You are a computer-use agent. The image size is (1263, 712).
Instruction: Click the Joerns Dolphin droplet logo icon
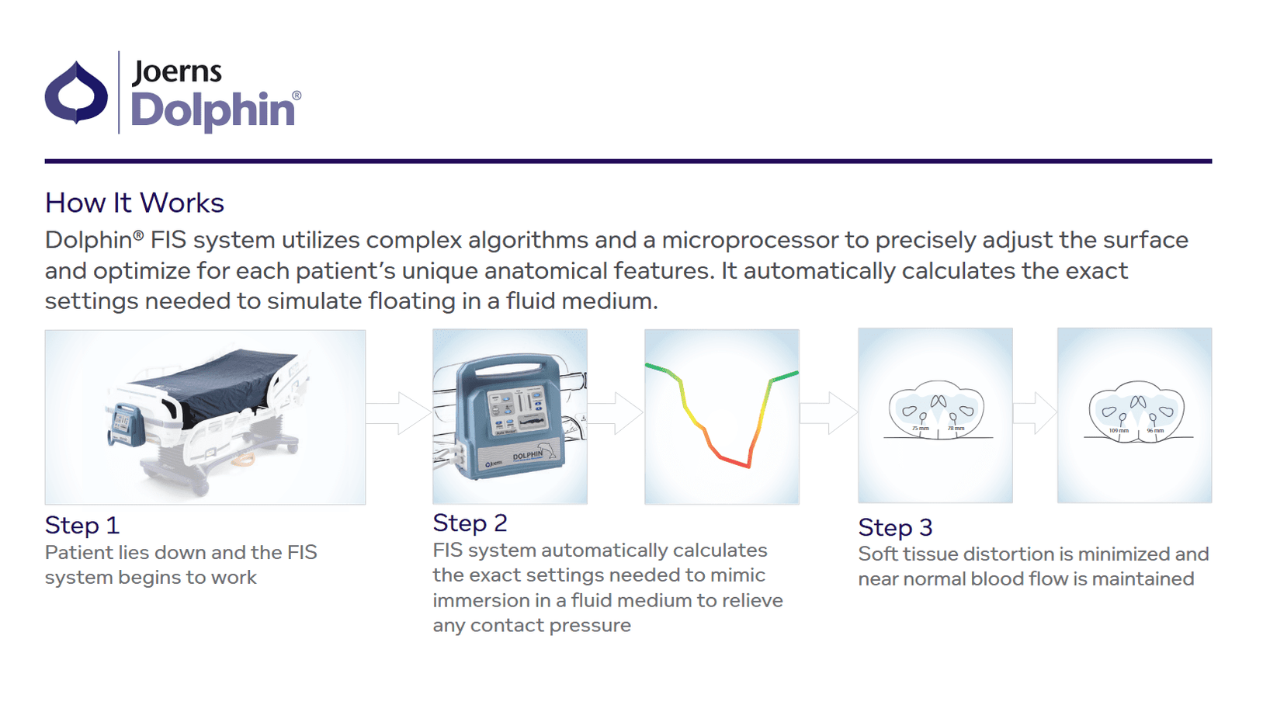(76, 92)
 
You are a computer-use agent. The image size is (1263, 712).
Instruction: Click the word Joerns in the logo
(177, 71)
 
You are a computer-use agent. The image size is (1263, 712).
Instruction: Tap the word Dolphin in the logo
(212, 109)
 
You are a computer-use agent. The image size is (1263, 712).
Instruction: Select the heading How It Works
(134, 203)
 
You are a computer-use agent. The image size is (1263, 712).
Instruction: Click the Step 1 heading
(82, 526)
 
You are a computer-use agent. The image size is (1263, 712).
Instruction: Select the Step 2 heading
(470, 523)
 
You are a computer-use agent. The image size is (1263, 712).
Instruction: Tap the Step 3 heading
(895, 528)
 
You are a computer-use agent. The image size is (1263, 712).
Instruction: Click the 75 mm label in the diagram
(920, 429)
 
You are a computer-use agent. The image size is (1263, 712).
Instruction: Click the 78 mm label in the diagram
(956, 429)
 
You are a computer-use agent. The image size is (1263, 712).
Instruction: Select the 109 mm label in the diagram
(1119, 431)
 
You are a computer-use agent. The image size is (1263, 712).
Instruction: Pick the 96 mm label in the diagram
(1155, 431)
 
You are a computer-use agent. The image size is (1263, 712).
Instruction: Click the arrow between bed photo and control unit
(399, 413)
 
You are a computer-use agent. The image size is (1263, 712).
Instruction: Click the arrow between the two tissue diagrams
(1035, 412)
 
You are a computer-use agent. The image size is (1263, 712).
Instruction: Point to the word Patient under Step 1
(74, 553)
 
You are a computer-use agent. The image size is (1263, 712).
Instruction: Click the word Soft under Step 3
(878, 554)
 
